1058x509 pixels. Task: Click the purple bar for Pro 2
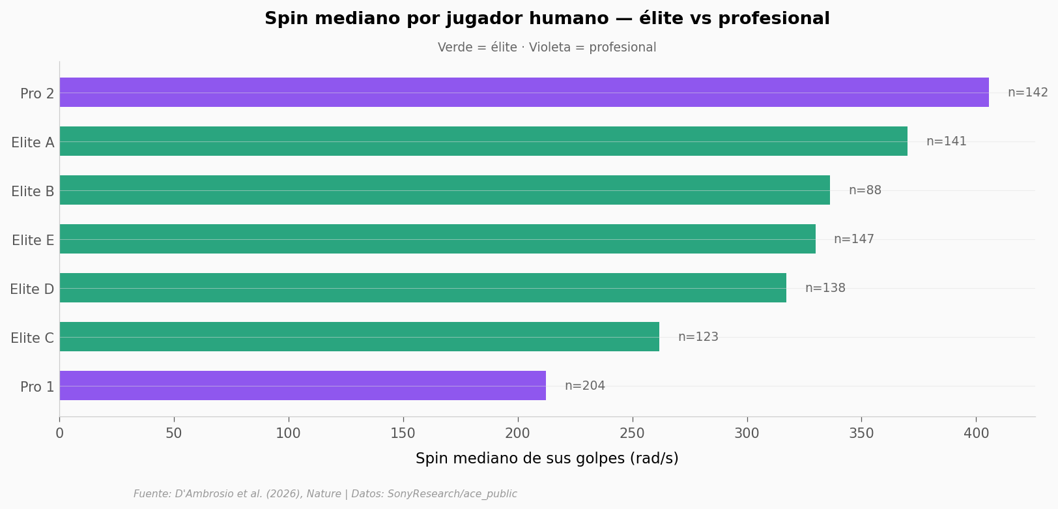point(524,93)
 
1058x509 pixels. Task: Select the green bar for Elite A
point(483,141)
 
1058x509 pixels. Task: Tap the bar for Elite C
point(359,337)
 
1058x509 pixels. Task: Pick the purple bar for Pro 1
point(302,386)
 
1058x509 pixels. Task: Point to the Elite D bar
point(423,288)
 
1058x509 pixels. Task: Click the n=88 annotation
point(865,190)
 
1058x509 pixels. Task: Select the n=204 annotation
point(584,386)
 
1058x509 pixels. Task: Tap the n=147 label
point(853,239)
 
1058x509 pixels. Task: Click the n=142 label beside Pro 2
point(1027,93)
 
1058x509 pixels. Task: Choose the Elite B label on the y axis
point(33,192)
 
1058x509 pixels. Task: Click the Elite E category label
point(33,240)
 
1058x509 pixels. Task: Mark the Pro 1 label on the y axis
point(37,387)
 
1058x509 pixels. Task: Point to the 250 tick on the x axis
point(632,433)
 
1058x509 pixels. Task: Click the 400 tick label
point(976,433)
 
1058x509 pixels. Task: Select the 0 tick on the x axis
point(59,433)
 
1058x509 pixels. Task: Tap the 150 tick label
point(403,433)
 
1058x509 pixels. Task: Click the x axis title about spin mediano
point(547,459)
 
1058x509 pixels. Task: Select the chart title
point(547,19)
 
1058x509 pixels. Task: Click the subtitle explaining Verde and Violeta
point(547,48)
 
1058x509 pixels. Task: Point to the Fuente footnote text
point(325,494)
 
